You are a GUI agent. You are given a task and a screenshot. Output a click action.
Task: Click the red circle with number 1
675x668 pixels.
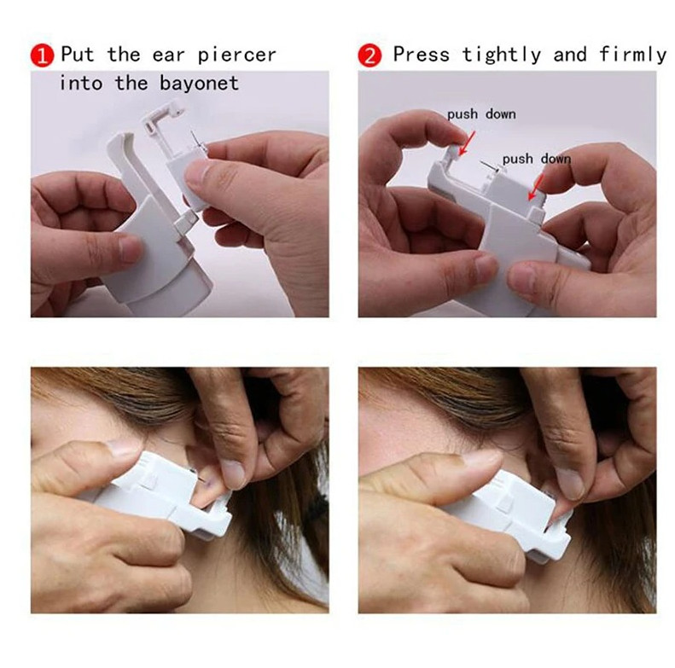pyautogui.click(x=41, y=56)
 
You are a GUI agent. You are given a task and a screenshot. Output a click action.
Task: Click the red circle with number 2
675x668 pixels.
pyautogui.click(x=370, y=56)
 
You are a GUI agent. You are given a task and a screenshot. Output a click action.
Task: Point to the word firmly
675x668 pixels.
pyautogui.click(x=632, y=55)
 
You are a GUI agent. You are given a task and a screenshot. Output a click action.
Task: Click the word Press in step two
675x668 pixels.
pyautogui.click(x=422, y=55)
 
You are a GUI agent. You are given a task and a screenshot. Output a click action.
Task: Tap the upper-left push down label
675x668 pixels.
pyautogui.click(x=481, y=113)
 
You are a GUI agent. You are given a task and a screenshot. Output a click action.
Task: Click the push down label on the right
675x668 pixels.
pyautogui.click(x=536, y=159)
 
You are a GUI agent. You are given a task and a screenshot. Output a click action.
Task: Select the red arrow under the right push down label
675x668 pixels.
pyautogui.click(x=538, y=186)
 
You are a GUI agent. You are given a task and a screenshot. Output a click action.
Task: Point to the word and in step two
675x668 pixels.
pyautogui.click(x=570, y=55)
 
